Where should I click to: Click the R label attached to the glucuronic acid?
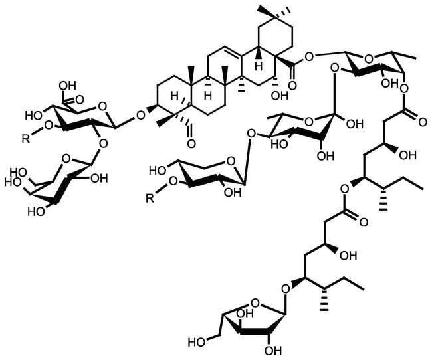point(26,139)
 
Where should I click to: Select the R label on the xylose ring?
point(150,198)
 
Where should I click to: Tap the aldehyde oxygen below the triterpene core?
point(191,143)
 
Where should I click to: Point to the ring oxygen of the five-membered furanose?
point(256,304)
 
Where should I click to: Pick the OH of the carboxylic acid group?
point(67,86)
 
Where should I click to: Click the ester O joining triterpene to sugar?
point(309,57)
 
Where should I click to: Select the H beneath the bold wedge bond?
point(258,66)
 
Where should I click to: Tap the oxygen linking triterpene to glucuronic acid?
point(140,115)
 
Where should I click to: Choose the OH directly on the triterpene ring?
point(280,95)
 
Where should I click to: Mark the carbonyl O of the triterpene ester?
point(292,86)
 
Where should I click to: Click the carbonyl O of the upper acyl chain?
point(423,122)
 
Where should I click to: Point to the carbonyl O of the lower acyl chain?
point(364,223)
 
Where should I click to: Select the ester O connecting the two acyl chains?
point(344,189)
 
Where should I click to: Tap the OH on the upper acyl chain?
point(408,155)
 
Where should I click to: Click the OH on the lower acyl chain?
point(348,256)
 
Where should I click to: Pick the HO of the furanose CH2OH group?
point(197,343)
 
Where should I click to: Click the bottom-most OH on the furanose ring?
point(272,351)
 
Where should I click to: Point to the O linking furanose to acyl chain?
point(286,289)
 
